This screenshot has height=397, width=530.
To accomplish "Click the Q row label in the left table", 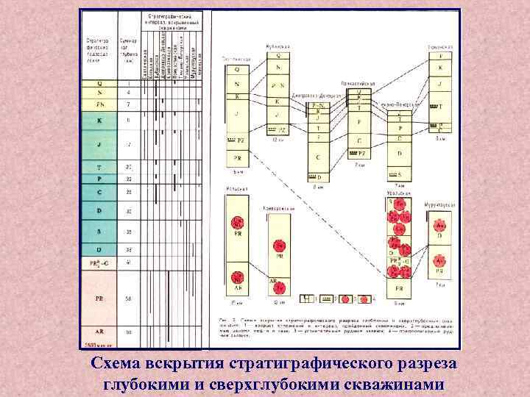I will point(99,83).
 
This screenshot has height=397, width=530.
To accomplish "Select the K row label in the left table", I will point(99,120).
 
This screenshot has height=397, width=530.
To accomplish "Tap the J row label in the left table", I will point(99,144).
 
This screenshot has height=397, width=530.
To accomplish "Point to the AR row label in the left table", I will point(99,332).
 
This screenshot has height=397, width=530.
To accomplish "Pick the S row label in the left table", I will point(99,231).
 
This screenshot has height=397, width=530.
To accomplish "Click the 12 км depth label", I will point(277,139).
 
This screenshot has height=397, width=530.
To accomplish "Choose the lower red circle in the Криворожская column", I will point(280,287).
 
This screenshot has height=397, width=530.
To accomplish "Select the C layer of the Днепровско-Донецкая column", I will point(319,157).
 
